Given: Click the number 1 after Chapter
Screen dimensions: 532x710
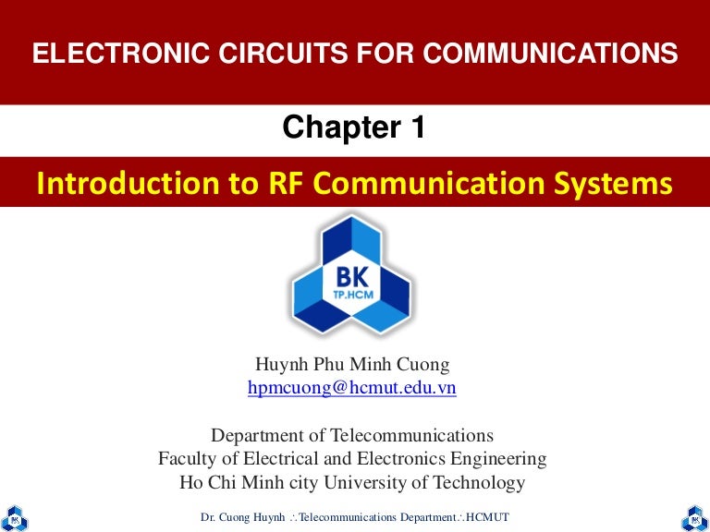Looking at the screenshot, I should [x=416, y=128].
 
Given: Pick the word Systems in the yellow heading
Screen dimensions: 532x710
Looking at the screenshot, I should [x=618, y=184].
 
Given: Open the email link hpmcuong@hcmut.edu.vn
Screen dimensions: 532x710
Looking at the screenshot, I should [x=352, y=389].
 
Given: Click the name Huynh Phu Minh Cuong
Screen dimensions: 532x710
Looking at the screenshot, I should [x=352, y=367].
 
